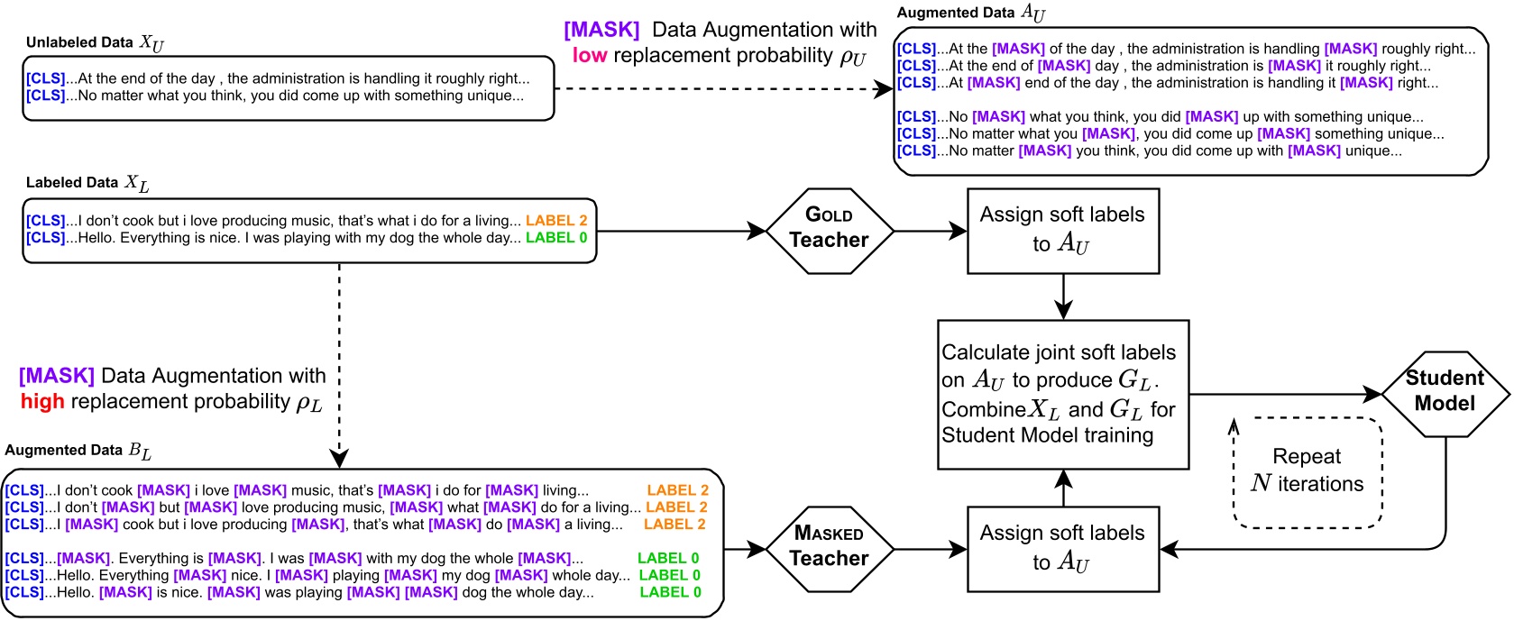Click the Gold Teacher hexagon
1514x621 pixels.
[x=829, y=230]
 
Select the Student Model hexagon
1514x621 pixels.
[x=1445, y=393]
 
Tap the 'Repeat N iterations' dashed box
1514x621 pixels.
[x=1307, y=471]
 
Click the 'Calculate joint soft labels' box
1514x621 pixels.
[x=1062, y=394]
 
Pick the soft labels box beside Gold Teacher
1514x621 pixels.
[x=1062, y=230]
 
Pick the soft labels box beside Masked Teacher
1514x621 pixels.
[x=1062, y=548]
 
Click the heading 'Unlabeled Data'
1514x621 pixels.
[x=79, y=42]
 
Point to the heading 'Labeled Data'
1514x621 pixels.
[x=72, y=182]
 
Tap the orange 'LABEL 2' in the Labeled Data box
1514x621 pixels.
[x=556, y=221]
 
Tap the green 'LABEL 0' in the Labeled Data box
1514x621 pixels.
[x=556, y=238]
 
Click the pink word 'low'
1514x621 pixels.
[x=590, y=55]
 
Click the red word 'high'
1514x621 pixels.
[x=42, y=401]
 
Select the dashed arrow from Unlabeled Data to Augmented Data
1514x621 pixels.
[x=721, y=88]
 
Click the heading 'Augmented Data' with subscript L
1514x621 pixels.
[x=78, y=450]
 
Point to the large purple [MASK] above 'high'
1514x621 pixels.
[x=57, y=376]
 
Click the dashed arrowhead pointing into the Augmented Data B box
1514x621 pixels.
[x=339, y=459]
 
